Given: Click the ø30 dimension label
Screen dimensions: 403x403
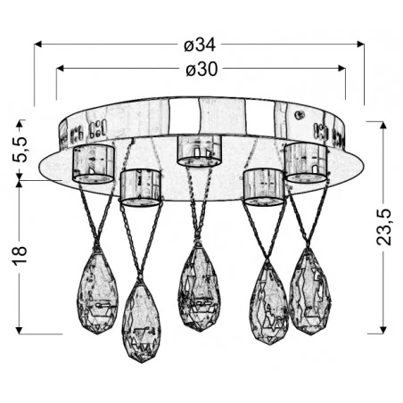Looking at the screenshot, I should point(201,68).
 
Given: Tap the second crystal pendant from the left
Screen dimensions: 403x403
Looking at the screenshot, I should point(142,311).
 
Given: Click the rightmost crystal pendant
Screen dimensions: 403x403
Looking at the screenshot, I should point(308,291).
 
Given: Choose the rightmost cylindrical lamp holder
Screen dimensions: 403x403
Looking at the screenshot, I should point(306,161).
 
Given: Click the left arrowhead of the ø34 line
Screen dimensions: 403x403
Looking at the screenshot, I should point(40,43).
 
